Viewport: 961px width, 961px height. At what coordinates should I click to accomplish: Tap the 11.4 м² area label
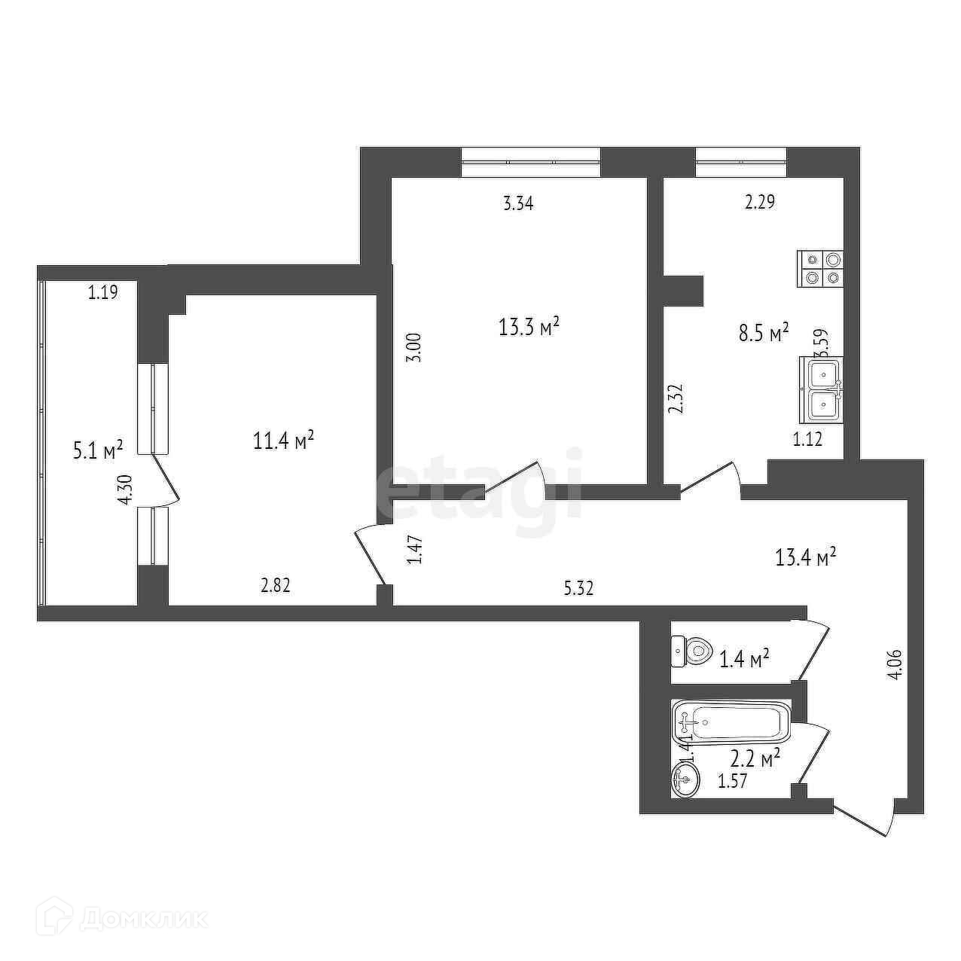click(283, 440)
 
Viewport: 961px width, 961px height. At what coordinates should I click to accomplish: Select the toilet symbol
click(691, 650)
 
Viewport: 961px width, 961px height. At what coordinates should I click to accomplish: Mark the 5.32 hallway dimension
click(578, 588)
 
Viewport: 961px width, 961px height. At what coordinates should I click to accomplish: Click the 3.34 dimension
click(518, 203)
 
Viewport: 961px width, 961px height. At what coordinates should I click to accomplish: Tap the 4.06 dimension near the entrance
click(895, 664)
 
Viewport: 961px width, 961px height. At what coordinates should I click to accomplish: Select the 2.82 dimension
click(276, 586)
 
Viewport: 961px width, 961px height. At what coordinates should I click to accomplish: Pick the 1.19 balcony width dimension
click(102, 293)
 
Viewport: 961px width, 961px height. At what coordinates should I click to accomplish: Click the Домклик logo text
click(143, 919)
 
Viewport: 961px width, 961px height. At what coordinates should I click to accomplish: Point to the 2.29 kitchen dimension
click(760, 202)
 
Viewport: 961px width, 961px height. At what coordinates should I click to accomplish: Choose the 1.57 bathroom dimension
click(732, 782)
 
